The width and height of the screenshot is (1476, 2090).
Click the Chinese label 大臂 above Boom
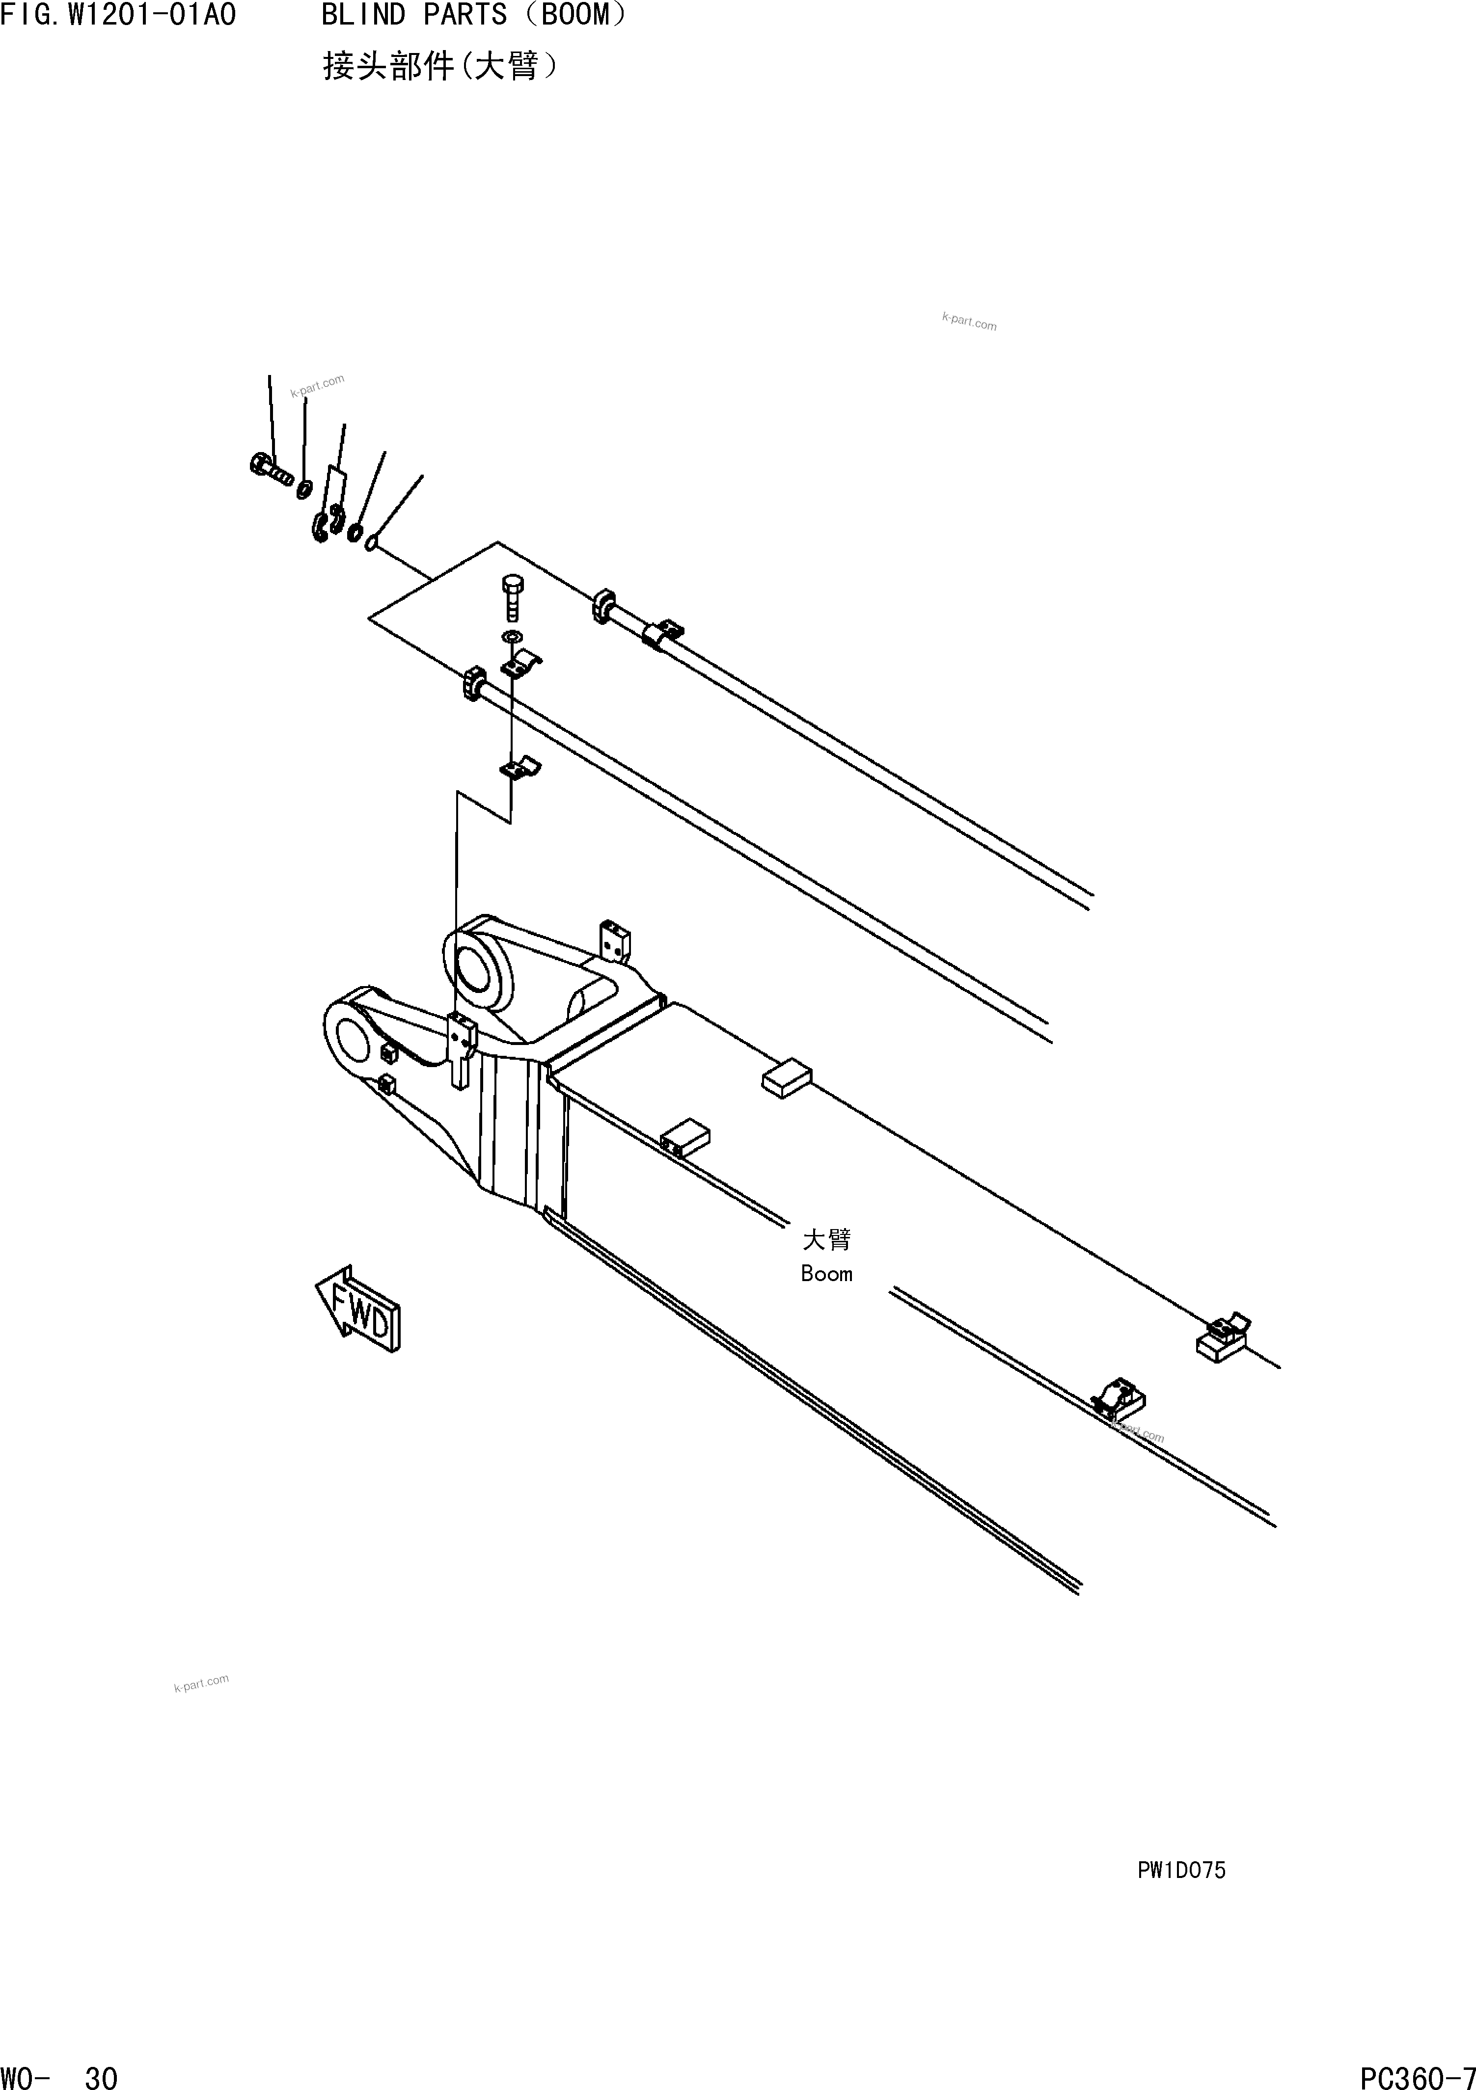tap(826, 1240)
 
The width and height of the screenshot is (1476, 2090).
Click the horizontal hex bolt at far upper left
tap(270, 469)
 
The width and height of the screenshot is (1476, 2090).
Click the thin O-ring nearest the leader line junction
tap(371, 543)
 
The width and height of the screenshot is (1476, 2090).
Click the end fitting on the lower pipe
tap(472, 684)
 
